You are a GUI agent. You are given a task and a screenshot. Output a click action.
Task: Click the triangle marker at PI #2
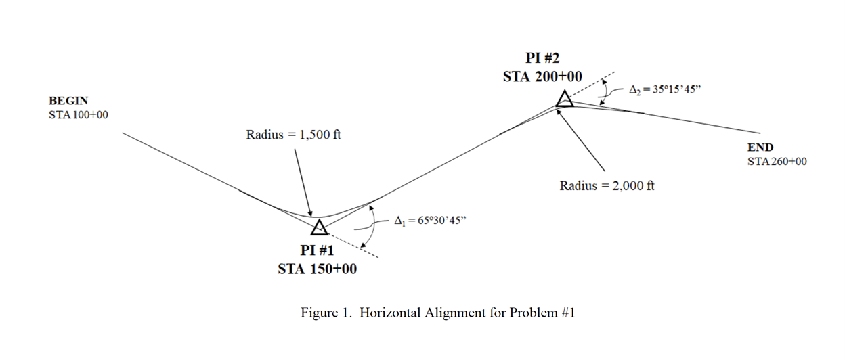(x=564, y=100)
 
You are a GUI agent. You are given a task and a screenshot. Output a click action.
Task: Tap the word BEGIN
(x=68, y=101)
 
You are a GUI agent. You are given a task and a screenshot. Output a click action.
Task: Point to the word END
(x=760, y=148)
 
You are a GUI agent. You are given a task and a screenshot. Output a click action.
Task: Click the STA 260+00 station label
(x=777, y=162)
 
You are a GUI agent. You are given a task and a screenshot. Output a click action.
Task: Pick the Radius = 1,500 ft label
(x=293, y=135)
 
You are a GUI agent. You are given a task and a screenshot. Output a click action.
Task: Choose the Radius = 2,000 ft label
(x=607, y=185)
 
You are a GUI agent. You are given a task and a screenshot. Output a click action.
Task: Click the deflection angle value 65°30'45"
(x=431, y=221)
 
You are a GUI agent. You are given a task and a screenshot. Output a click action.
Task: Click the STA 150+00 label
(x=318, y=269)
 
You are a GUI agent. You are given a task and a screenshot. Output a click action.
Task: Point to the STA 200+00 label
(x=542, y=77)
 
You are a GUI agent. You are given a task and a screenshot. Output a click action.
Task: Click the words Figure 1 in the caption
(x=326, y=313)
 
